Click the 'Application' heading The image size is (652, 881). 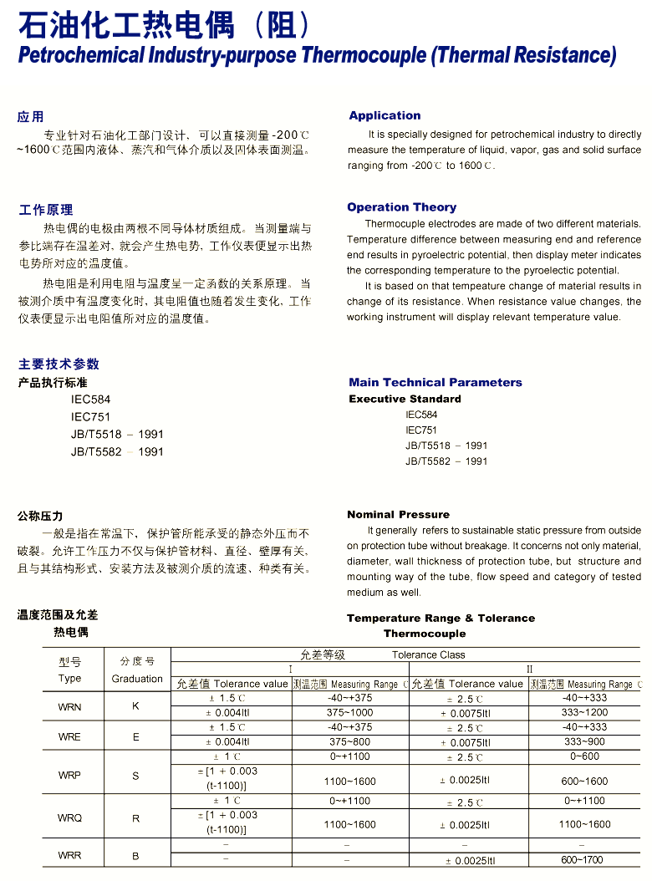pyautogui.click(x=385, y=115)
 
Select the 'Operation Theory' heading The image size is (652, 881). pyautogui.click(x=401, y=207)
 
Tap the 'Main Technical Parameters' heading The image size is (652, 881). pyautogui.click(x=435, y=382)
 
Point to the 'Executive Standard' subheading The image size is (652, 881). pyautogui.click(x=405, y=399)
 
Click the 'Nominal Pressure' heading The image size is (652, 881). pyautogui.click(x=398, y=514)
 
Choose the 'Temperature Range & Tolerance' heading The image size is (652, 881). pyautogui.click(x=441, y=619)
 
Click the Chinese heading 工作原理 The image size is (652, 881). pyautogui.click(x=46, y=210)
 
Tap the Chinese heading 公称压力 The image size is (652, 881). pyautogui.click(x=40, y=516)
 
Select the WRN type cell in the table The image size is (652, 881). pyautogui.click(x=70, y=707)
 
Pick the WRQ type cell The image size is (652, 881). pyautogui.click(x=70, y=818)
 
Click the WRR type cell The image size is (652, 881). pyautogui.click(x=70, y=855)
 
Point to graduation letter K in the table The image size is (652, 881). pyautogui.click(x=136, y=706)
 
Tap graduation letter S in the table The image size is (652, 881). pyautogui.click(x=136, y=776)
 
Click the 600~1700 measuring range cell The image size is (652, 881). pyautogui.click(x=584, y=860)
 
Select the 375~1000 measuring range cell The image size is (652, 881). pyautogui.click(x=350, y=713)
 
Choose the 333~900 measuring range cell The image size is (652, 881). pyautogui.click(x=584, y=742)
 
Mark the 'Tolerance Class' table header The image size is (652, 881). pyautogui.click(x=428, y=655)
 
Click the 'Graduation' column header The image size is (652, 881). pyautogui.click(x=137, y=679)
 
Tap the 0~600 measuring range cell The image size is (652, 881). pyautogui.click(x=584, y=756)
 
